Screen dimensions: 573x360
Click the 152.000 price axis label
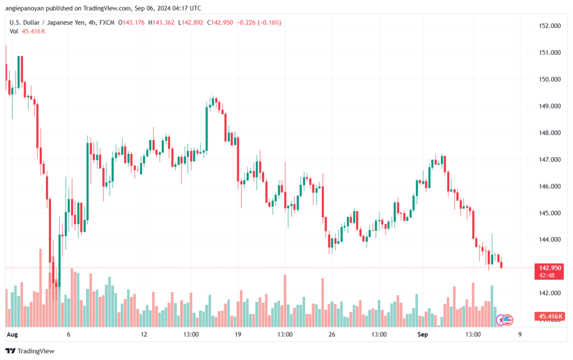click(x=549, y=26)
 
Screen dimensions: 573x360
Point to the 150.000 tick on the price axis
click(x=549, y=80)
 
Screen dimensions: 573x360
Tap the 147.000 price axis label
click(x=549, y=160)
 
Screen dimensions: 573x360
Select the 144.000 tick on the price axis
click(x=549, y=240)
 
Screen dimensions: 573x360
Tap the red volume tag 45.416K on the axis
click(x=549, y=316)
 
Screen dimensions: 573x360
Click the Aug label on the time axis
click(x=12, y=334)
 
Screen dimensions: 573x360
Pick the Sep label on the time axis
click(x=422, y=334)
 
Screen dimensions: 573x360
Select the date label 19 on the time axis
click(x=238, y=334)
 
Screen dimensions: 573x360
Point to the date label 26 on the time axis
click(x=332, y=334)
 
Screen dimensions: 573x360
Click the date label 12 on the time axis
click(x=144, y=334)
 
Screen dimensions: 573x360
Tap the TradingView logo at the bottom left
click(x=30, y=351)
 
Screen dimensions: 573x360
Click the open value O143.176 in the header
click(x=131, y=22)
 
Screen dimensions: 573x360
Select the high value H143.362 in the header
click(x=161, y=22)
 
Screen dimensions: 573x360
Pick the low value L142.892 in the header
click(x=190, y=22)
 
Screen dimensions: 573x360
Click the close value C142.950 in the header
click(x=220, y=22)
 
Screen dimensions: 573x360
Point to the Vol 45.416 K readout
click(x=27, y=31)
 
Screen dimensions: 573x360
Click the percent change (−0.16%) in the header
click(x=269, y=22)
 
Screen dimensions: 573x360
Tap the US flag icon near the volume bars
click(x=508, y=320)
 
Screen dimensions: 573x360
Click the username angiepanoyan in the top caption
click(x=25, y=8)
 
